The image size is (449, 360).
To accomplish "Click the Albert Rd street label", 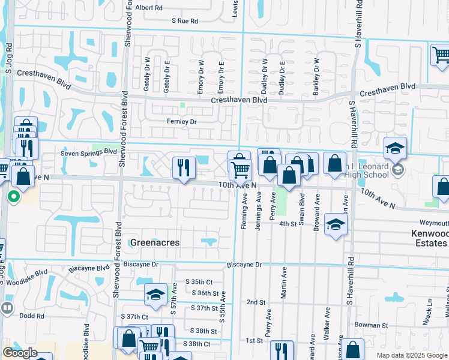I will tap(149, 8).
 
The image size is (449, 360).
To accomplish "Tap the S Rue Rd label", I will tap(184, 21).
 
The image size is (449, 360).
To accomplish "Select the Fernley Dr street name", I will tap(181, 122).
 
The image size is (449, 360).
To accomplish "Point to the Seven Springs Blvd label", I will tap(88, 152).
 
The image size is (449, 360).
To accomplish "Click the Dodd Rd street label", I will tap(32, 316).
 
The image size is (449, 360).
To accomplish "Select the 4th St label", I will tap(289, 224).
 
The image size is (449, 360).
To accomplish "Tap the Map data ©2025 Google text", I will tap(411, 355).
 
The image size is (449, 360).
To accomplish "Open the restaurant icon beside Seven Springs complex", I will tap(184, 167).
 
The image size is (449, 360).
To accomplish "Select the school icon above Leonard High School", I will tap(396, 148).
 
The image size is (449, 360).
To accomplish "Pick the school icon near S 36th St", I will tap(155, 295).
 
